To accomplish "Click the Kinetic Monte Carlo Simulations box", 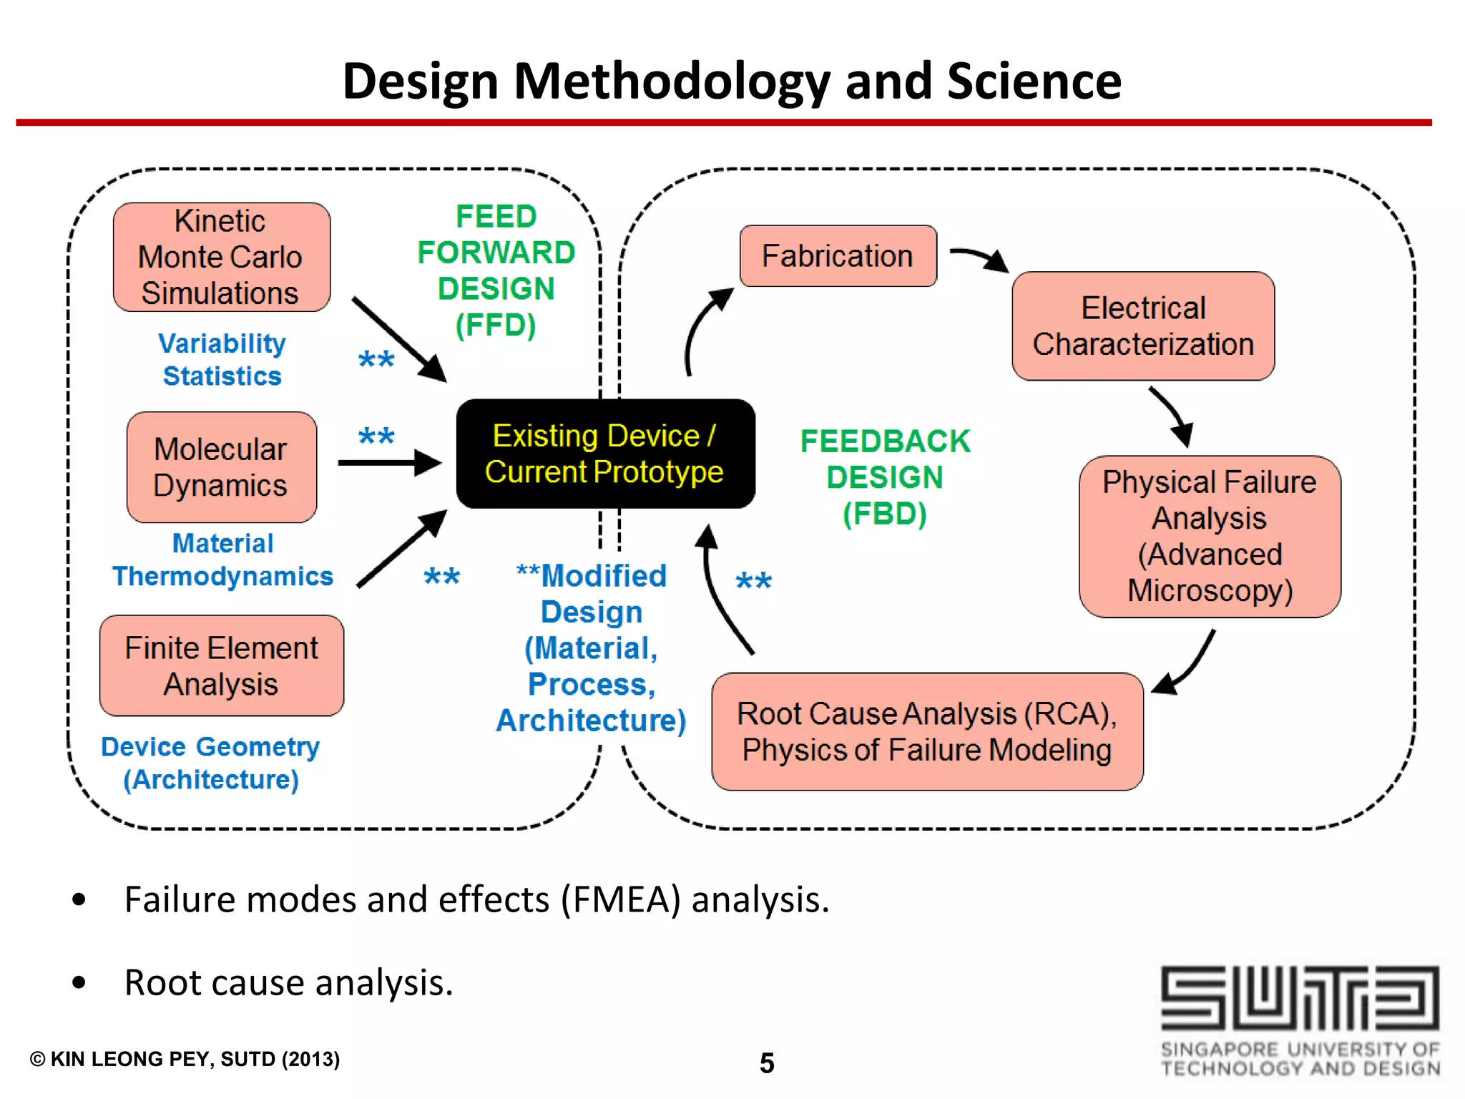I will coord(221,257).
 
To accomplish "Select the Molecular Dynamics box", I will coord(221,467).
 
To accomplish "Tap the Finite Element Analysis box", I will coord(221,665).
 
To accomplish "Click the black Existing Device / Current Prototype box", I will coord(605,454).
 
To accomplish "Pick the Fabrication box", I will coord(838,256).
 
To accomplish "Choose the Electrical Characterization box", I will coord(1142,326).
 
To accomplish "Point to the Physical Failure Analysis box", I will coord(1209,536).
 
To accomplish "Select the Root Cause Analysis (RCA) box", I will coord(927,731).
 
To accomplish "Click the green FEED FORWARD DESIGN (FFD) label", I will coord(496,270).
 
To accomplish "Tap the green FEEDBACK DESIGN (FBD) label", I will coord(885,477).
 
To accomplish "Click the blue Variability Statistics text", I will coord(222,359).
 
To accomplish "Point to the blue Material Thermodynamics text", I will coord(222,560).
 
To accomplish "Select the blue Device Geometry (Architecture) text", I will coord(210,763).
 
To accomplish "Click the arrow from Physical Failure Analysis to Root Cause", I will coord(1187,665).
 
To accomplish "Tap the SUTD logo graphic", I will coord(1299,998).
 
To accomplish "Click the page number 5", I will coord(767,1063).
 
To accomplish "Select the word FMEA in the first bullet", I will coord(620,899).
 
